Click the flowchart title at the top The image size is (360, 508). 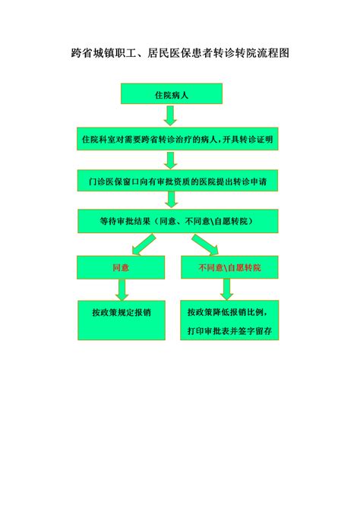(180, 53)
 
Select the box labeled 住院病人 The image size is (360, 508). (172, 93)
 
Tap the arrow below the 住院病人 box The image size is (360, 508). (170, 115)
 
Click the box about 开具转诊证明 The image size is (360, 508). (178, 139)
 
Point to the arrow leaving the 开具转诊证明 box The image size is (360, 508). (170, 160)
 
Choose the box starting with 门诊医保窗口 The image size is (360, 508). (178, 181)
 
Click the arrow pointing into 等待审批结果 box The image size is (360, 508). (171, 200)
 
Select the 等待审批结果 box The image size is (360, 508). (178, 221)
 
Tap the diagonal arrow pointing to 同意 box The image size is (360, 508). (144, 245)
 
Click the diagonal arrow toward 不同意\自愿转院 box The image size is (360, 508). (205, 245)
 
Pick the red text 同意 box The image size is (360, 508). (121, 267)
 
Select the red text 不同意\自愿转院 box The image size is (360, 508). (229, 267)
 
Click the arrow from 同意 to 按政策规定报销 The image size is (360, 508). (122, 289)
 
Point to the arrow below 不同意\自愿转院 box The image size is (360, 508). (227, 289)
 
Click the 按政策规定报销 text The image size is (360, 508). (122, 312)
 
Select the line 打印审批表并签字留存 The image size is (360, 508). (229, 331)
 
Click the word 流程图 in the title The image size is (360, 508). (273, 53)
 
